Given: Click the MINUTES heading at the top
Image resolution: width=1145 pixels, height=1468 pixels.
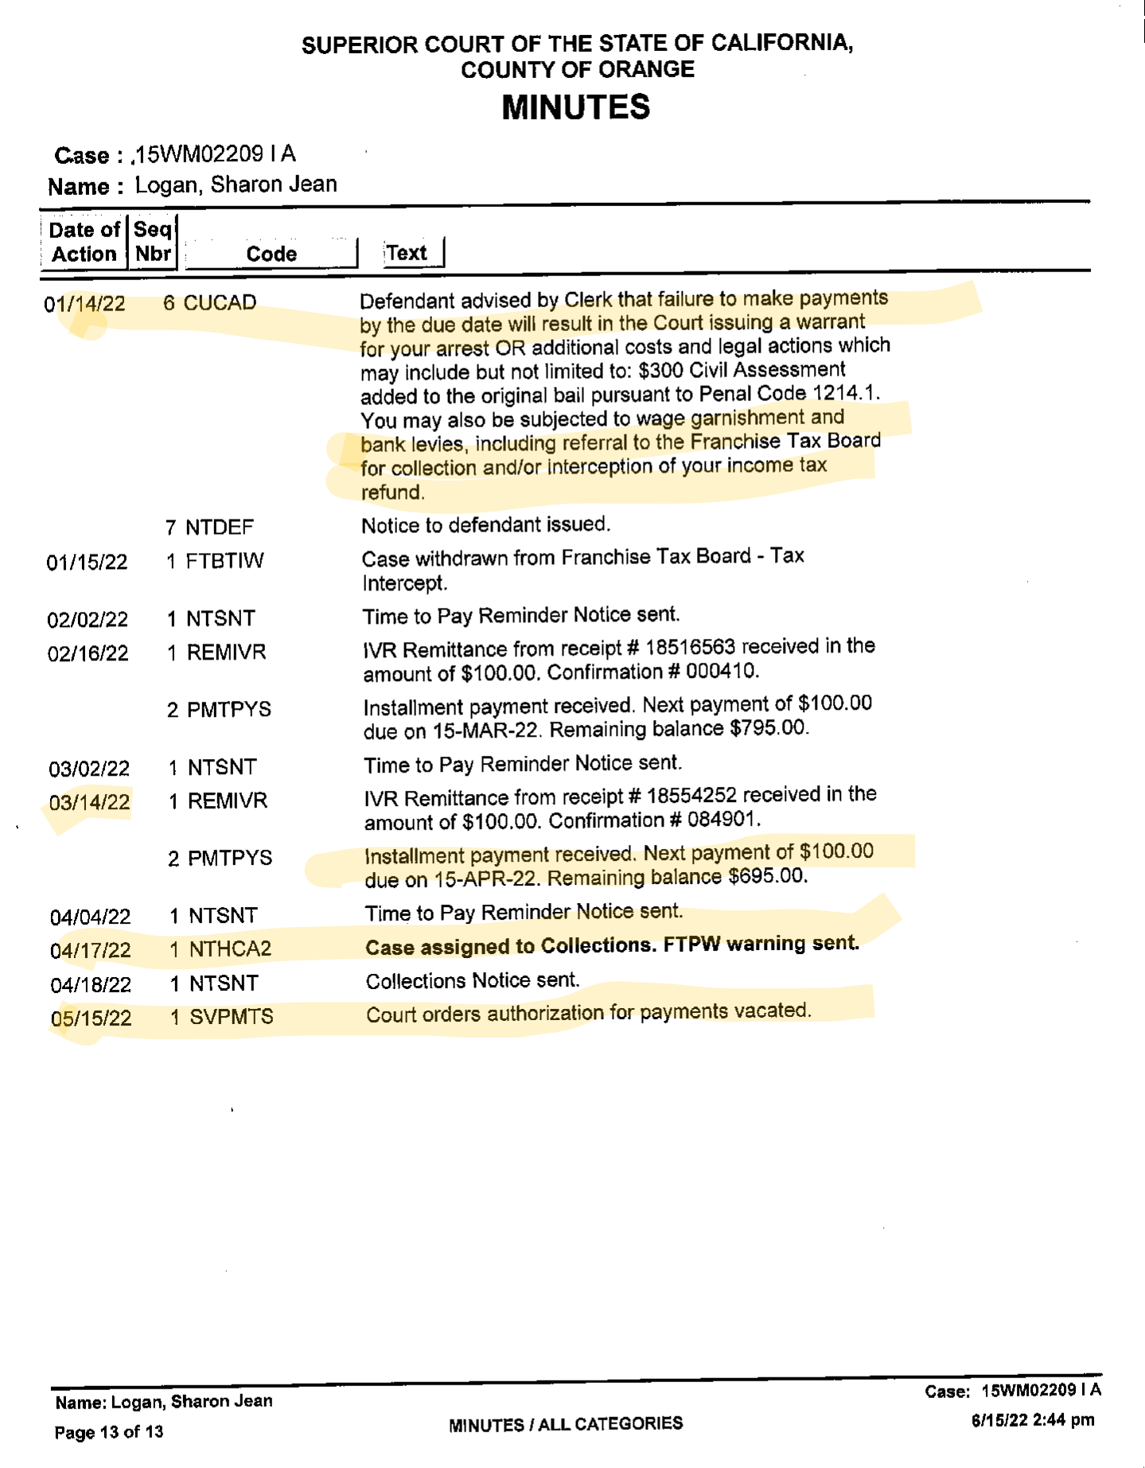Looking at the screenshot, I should click(x=575, y=107).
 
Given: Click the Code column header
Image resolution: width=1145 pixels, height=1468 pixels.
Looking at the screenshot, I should click(x=271, y=254).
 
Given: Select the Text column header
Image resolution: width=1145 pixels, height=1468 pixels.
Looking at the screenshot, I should click(x=407, y=253).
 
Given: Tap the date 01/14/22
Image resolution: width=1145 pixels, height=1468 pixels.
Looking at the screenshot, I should click(x=84, y=305).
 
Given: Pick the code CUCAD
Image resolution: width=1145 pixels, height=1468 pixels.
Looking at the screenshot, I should click(x=220, y=303).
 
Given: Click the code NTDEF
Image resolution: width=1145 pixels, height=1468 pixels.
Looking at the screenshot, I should click(x=220, y=528).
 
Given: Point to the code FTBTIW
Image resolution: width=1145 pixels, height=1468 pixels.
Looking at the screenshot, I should click(x=224, y=561).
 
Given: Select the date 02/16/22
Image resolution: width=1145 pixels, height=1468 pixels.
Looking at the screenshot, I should click(x=88, y=654).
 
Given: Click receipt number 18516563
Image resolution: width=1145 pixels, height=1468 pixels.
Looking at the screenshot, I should click(x=690, y=648).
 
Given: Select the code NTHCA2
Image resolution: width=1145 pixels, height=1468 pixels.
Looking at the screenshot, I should click(x=230, y=948).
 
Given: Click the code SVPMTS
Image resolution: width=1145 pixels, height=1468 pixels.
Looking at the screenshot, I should click(x=232, y=1017).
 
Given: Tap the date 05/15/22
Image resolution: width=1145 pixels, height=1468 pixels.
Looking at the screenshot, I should click(x=91, y=1018).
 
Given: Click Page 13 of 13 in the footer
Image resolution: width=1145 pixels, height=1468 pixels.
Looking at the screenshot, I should click(x=109, y=1432).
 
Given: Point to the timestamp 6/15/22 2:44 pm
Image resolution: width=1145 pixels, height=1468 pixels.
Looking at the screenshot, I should click(x=1032, y=1420).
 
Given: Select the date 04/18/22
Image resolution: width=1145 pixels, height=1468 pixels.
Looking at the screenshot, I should click(x=91, y=985).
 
